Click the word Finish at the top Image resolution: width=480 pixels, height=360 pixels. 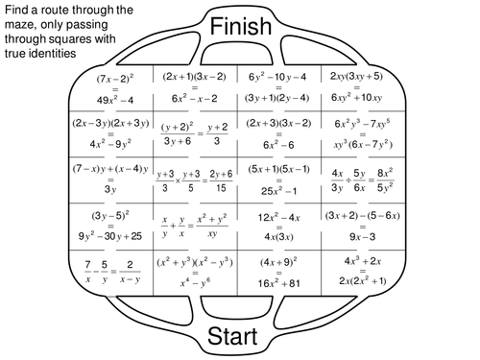click(241, 26)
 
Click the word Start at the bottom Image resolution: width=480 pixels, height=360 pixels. click(241, 337)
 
